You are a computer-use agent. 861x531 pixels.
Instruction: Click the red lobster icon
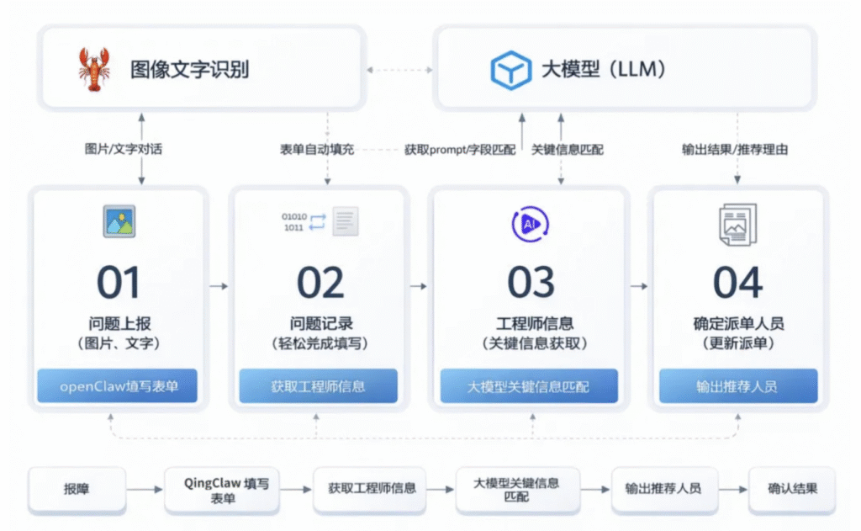tap(93, 68)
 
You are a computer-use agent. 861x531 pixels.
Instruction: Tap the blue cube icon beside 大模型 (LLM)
tap(510, 69)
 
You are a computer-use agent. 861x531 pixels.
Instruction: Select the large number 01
tap(118, 284)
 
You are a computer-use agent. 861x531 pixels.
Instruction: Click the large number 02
tap(320, 284)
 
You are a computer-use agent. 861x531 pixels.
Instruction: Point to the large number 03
tap(531, 284)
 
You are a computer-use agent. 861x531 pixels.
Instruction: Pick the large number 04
tap(737, 284)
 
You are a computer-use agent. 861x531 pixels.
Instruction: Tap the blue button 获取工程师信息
tap(320, 386)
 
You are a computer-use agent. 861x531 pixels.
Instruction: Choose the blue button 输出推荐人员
tap(737, 386)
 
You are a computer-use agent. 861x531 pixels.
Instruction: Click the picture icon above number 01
tap(119, 221)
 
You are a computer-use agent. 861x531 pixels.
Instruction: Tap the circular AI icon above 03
tap(530, 223)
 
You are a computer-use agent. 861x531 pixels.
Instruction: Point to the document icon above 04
tap(737, 225)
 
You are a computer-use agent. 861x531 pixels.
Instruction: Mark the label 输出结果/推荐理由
tap(734, 149)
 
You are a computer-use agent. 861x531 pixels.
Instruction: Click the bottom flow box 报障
tap(77, 489)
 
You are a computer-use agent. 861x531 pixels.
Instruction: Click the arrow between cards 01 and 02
tap(218, 286)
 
